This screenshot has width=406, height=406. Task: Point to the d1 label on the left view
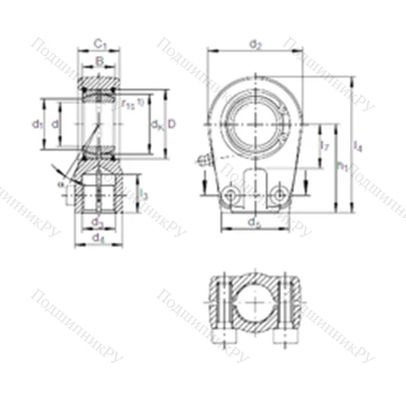(x=37, y=123)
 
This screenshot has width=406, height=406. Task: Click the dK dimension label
(x=155, y=124)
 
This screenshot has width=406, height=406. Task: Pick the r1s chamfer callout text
(x=131, y=103)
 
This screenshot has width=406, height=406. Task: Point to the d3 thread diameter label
(x=97, y=221)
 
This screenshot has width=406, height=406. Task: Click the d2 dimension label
(x=256, y=44)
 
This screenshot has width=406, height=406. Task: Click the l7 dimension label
(x=325, y=146)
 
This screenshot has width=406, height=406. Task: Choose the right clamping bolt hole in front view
(x=279, y=193)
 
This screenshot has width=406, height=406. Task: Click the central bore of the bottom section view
(x=256, y=305)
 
